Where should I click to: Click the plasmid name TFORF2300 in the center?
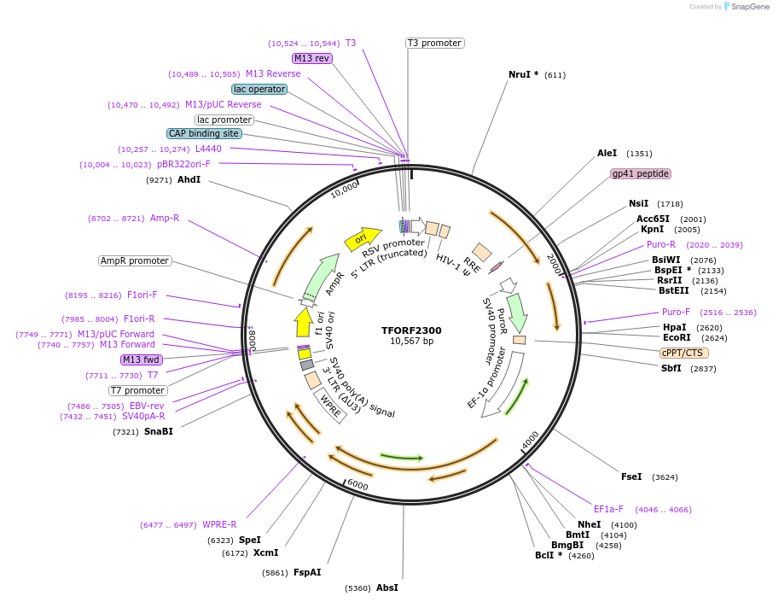pos(411,330)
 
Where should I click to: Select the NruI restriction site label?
pos(523,74)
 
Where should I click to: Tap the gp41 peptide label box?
pos(641,173)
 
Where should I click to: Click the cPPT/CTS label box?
pos(683,353)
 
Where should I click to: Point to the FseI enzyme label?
pos(631,476)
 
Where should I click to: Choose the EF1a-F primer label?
pos(608,509)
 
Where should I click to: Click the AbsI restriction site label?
pos(387,587)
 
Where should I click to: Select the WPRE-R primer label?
pos(219,524)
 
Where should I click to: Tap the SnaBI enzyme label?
pos(159,431)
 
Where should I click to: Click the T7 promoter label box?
pos(137,390)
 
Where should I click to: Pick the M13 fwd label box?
pos(142,359)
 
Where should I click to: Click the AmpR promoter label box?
pos(135,260)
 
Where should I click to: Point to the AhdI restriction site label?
pos(189,179)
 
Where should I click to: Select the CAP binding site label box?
pos(204,133)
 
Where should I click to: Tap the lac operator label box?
pos(259,89)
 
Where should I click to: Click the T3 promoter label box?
pos(434,43)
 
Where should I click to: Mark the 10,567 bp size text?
pos(411,342)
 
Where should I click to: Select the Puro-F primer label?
pos(676,312)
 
